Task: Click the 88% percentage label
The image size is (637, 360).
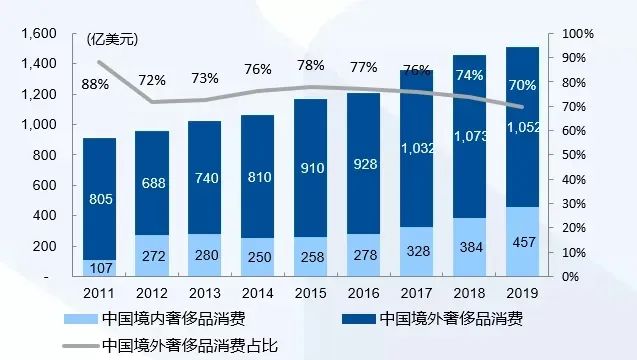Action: (95, 84)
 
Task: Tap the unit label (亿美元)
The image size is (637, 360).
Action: (112, 40)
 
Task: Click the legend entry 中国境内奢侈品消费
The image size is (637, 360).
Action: (170, 320)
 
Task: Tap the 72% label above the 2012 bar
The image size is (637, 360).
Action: (152, 79)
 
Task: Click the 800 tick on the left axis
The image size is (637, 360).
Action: (46, 155)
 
